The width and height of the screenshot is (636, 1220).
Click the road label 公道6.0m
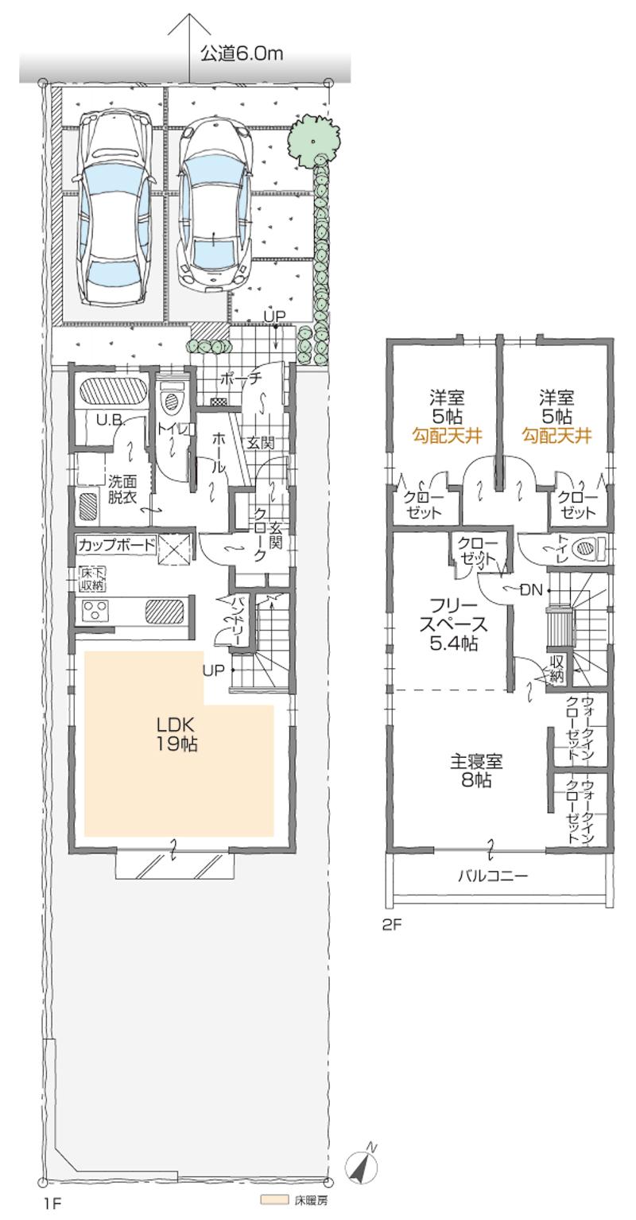pyautogui.click(x=241, y=54)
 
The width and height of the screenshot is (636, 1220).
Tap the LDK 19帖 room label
pyautogui.click(x=176, y=734)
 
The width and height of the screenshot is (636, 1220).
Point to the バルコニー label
pyautogui.click(x=493, y=876)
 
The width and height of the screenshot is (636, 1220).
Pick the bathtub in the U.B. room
pyautogui.click(x=111, y=392)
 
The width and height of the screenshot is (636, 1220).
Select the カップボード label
pyautogui.click(x=116, y=546)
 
